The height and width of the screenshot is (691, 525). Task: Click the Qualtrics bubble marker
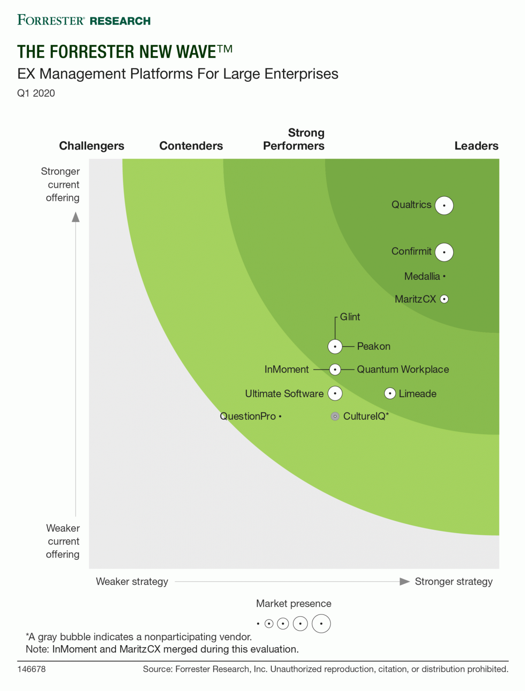point(444,205)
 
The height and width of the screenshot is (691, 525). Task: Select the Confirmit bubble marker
point(444,252)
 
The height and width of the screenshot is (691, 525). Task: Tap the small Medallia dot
point(444,276)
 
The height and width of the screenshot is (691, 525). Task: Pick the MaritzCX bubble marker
point(444,299)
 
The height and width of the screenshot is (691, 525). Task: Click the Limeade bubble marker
point(390,394)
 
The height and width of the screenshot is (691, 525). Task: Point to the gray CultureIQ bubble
point(335,416)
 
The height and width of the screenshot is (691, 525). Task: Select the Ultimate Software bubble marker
point(335,394)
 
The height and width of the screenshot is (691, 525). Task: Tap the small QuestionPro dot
point(280,416)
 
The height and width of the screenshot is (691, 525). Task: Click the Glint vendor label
point(350,317)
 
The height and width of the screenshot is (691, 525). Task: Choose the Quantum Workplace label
point(403,370)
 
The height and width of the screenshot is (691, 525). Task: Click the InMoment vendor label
point(287,370)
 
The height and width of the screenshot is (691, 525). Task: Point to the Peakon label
point(374,346)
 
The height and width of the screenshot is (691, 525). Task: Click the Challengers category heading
point(91,146)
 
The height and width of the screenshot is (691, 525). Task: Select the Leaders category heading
point(476,146)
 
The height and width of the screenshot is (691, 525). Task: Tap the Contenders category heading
point(191,146)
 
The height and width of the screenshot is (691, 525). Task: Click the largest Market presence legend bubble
point(321,624)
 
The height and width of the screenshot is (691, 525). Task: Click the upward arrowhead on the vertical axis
point(76,217)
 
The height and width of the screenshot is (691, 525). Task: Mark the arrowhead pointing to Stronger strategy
point(405,582)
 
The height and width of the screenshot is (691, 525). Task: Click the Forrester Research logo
point(84,20)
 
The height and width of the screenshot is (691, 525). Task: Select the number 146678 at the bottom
point(31,669)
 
